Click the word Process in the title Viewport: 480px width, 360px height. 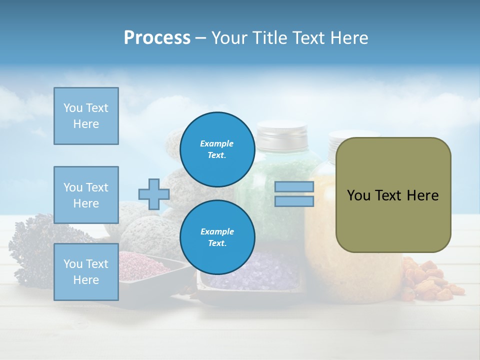pyautogui.click(x=157, y=38)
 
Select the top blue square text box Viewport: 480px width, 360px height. pyautogui.click(x=86, y=116)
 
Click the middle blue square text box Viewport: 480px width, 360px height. pyautogui.click(x=86, y=195)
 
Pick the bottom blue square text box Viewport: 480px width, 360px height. pyautogui.click(x=86, y=272)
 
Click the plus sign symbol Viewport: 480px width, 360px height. pyautogui.click(x=154, y=194)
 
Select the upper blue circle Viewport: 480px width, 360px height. pyautogui.click(x=217, y=149)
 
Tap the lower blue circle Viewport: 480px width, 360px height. pyautogui.click(x=217, y=237)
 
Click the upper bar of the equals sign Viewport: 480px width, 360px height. pyautogui.click(x=294, y=186)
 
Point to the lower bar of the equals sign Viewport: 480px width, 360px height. pyautogui.click(x=294, y=201)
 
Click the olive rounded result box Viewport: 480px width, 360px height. pyautogui.click(x=393, y=195)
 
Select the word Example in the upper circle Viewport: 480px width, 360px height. pyautogui.click(x=217, y=143)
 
